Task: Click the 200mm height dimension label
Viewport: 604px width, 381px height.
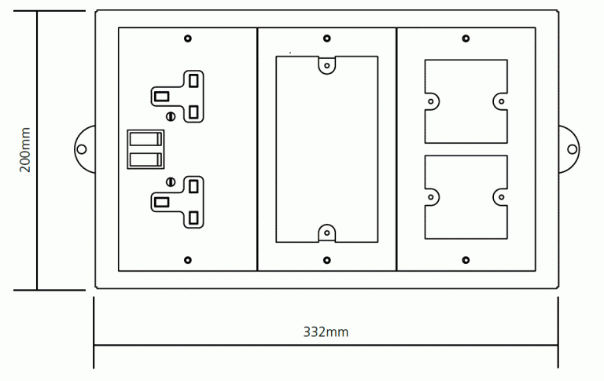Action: [25, 150]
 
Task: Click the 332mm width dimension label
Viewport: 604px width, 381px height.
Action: [326, 332]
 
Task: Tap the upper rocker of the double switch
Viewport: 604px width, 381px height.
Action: [145, 139]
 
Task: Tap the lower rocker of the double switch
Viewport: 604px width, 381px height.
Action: [145, 159]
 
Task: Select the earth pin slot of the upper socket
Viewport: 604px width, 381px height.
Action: [161, 96]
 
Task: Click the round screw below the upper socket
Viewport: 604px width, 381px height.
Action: [171, 115]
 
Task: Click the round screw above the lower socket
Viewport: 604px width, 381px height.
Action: [171, 181]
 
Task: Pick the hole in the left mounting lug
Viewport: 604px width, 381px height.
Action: [82, 149]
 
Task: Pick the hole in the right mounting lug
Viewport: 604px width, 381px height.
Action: [573, 149]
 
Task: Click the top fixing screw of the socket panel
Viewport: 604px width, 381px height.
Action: [188, 38]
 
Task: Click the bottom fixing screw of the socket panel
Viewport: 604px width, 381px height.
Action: [188, 260]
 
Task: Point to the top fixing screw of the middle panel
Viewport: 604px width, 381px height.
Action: [327, 38]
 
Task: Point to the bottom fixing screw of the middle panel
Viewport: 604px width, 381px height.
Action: [327, 260]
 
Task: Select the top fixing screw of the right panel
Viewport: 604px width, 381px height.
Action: [466, 38]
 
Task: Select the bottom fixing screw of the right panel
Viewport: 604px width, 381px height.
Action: [466, 260]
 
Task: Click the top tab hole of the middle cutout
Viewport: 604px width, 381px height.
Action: [327, 65]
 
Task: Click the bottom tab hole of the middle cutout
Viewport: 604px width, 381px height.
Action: [327, 233]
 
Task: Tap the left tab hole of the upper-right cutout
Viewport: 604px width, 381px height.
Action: [431, 101]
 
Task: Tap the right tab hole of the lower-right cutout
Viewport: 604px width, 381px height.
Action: [502, 197]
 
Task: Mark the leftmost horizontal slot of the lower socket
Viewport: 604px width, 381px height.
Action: [161, 202]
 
